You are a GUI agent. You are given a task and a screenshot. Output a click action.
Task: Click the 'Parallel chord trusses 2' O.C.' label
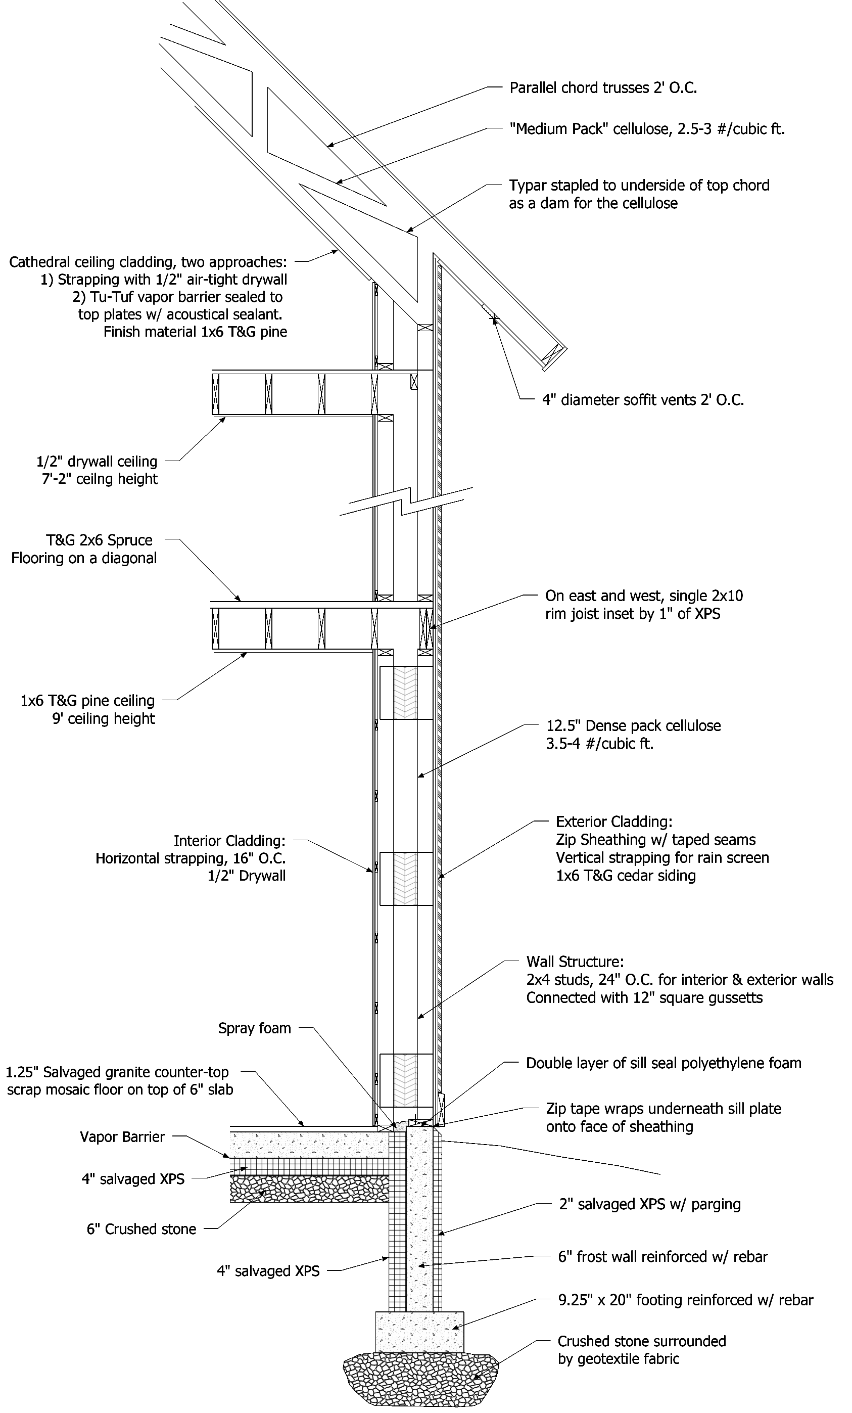point(602,88)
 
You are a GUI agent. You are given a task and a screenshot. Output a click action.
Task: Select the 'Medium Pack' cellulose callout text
point(647,128)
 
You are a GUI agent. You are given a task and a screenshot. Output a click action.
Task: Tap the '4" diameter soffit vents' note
point(643,400)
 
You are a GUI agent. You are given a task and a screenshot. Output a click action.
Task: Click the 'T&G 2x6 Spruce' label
point(99,540)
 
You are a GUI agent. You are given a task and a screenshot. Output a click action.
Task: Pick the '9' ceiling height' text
point(104,718)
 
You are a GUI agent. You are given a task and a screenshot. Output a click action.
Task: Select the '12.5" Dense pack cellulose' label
point(633,725)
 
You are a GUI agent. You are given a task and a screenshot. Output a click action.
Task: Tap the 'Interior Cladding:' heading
point(229,841)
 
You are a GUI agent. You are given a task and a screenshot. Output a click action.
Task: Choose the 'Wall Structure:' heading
point(575,961)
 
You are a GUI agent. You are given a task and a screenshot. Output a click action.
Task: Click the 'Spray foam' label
point(255,1028)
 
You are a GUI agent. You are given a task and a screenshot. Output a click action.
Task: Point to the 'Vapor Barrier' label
point(123,1136)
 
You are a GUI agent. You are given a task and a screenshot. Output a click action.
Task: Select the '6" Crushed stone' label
point(141,1229)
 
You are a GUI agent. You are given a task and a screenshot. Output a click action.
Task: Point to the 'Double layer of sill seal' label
point(664,1063)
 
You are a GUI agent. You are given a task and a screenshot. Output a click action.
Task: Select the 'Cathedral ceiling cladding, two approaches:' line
point(148,262)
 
